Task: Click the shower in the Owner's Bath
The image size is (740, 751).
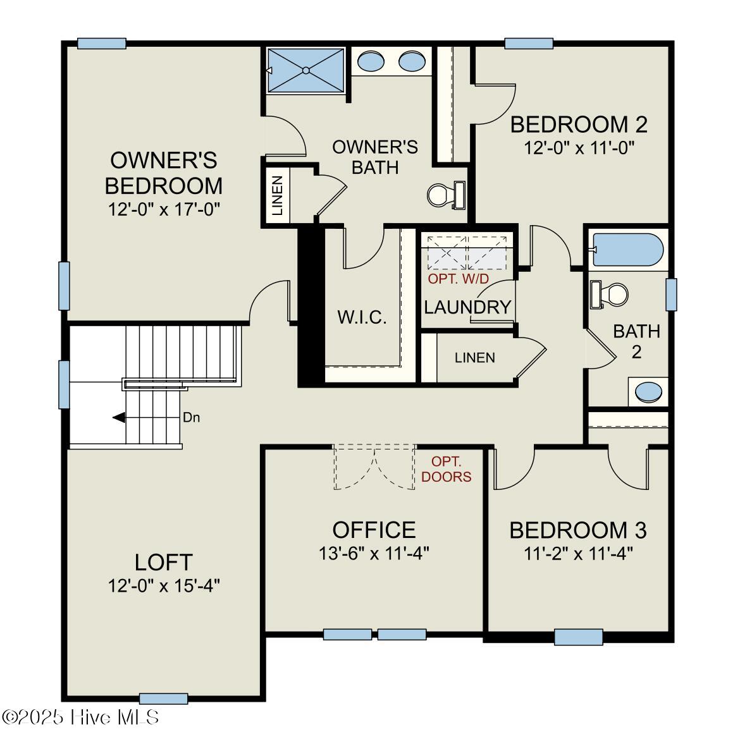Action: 305,70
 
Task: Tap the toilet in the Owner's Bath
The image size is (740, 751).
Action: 445,194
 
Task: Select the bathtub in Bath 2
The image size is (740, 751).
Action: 627,250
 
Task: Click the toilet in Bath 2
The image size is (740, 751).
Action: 610,294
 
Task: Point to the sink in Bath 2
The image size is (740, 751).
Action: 648,392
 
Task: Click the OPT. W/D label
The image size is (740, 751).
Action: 459,279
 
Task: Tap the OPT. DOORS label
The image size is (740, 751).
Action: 447,469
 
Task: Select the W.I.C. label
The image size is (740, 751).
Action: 362,317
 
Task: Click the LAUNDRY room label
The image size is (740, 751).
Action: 467,307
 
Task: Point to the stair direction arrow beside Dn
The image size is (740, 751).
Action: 118,417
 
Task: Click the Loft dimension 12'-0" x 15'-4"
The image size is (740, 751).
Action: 163,585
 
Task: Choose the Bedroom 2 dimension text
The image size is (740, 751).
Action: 579,148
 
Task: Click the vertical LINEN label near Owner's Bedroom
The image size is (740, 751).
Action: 277,195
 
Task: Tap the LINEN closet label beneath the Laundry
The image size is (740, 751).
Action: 475,358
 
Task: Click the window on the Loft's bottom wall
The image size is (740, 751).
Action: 163,699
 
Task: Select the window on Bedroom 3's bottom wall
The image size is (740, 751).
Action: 578,637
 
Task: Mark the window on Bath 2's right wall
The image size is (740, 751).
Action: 671,294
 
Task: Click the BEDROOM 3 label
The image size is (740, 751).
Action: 578,530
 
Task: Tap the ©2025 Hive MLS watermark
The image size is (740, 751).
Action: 81,717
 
